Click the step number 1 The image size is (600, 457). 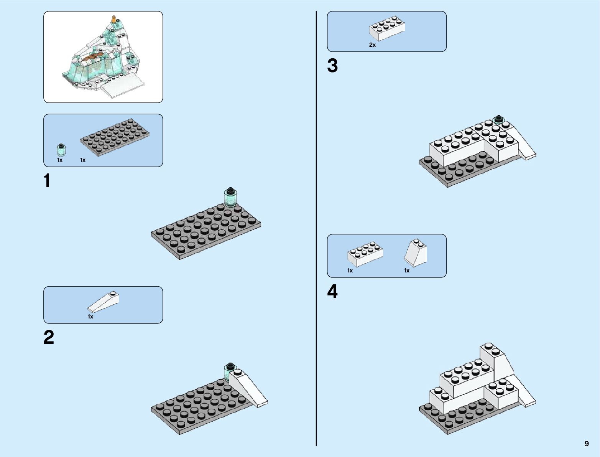point(47,181)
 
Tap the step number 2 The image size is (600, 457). point(49,338)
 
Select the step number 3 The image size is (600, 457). point(332,66)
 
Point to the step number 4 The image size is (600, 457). point(332,292)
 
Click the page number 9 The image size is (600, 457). point(587,444)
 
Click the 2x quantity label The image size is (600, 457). point(372,45)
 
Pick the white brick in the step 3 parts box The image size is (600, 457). point(387,28)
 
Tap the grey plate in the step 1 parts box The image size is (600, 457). point(114,137)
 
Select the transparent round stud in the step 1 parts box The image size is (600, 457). point(60,149)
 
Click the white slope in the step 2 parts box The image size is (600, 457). point(104,302)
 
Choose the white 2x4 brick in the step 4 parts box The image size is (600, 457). point(365,254)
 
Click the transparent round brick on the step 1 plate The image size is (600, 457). point(230,197)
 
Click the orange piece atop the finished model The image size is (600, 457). point(113,19)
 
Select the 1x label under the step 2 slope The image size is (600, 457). point(90,317)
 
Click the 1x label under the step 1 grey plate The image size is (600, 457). point(83,160)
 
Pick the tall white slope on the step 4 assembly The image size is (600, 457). point(498,363)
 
